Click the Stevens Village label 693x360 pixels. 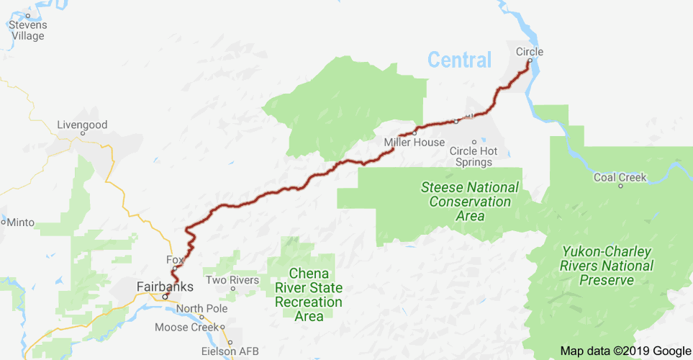[27, 30]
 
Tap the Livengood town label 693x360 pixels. [82, 125]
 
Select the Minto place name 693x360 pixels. [20, 222]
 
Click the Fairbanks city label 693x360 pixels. [165, 287]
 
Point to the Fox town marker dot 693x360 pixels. [174, 269]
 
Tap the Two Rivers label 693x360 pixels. [232, 279]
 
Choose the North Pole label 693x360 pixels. [201, 308]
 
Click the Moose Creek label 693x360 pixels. [186, 328]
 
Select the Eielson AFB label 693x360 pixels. [229, 351]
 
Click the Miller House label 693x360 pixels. [414, 142]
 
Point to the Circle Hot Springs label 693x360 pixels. [474, 156]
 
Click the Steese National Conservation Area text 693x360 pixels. [470, 201]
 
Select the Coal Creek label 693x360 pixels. [620, 177]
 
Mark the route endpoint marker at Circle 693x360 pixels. [529, 61]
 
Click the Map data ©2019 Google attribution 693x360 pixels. [625, 351]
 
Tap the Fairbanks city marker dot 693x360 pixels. [165, 296]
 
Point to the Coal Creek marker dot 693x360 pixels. [620, 186]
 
